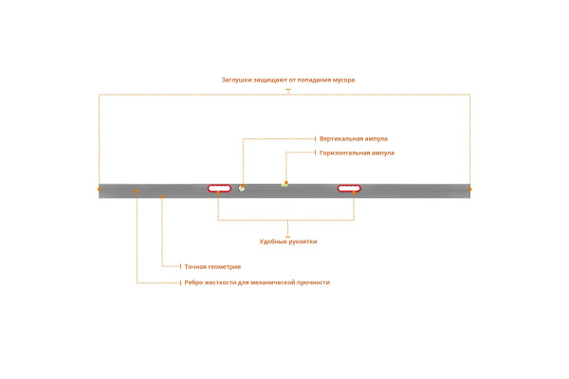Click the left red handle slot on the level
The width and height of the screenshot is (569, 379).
click(219, 189)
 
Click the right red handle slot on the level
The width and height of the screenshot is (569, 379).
click(349, 189)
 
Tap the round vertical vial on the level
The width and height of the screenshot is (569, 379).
click(241, 189)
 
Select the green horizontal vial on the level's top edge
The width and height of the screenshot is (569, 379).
click(284, 185)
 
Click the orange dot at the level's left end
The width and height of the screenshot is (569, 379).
click(99, 189)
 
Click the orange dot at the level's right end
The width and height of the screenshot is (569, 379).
click(470, 189)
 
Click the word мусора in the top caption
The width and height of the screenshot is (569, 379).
click(343, 81)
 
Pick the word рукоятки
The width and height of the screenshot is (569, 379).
click(303, 242)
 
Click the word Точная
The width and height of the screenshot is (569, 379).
click(195, 267)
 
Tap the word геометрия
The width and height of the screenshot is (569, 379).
click(225, 267)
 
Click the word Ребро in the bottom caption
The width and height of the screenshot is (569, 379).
click(193, 282)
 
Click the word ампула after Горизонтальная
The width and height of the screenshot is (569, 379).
click(382, 153)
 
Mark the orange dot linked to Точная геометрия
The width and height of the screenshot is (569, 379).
click(162, 197)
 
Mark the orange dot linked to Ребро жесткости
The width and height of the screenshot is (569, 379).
click(137, 191)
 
